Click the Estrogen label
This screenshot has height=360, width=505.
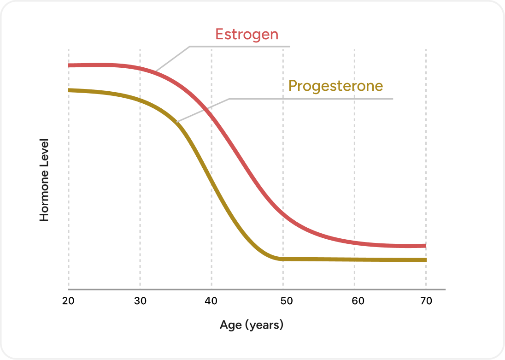[x=247, y=34]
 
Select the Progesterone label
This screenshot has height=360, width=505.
[x=335, y=86]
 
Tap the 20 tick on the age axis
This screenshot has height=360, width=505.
[x=69, y=301]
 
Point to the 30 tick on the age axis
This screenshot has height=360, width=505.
[x=140, y=301]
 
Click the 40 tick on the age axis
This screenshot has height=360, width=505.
[x=211, y=301]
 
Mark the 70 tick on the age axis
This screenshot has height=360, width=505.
[x=426, y=301]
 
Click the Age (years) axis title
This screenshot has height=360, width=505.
[x=252, y=325]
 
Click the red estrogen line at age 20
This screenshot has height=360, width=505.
[x=69, y=65]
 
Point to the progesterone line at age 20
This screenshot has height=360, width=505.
[x=69, y=90]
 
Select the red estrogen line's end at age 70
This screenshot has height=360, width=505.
[x=425, y=246]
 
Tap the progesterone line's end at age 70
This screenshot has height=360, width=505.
[x=425, y=260]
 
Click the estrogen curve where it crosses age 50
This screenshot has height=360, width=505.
[x=283, y=212]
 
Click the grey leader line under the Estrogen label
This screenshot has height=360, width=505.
[x=240, y=47]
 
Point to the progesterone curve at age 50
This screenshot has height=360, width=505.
[x=283, y=259]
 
